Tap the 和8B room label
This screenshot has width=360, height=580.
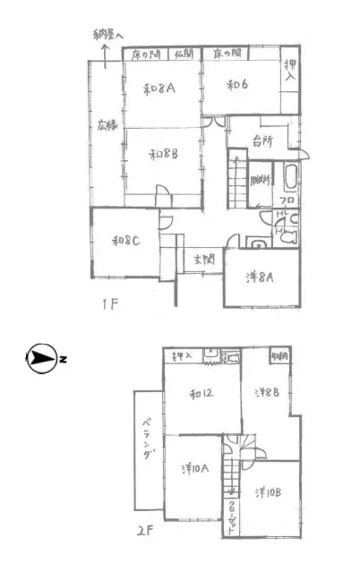pyautogui.click(x=163, y=152)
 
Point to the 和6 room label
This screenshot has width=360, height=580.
pyautogui.click(x=236, y=85)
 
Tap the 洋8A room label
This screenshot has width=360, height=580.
pyautogui.click(x=260, y=277)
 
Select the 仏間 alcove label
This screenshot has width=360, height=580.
pyautogui.click(x=184, y=54)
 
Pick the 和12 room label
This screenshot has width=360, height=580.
pyautogui.click(x=202, y=394)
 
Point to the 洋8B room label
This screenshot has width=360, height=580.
pyautogui.click(x=266, y=392)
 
